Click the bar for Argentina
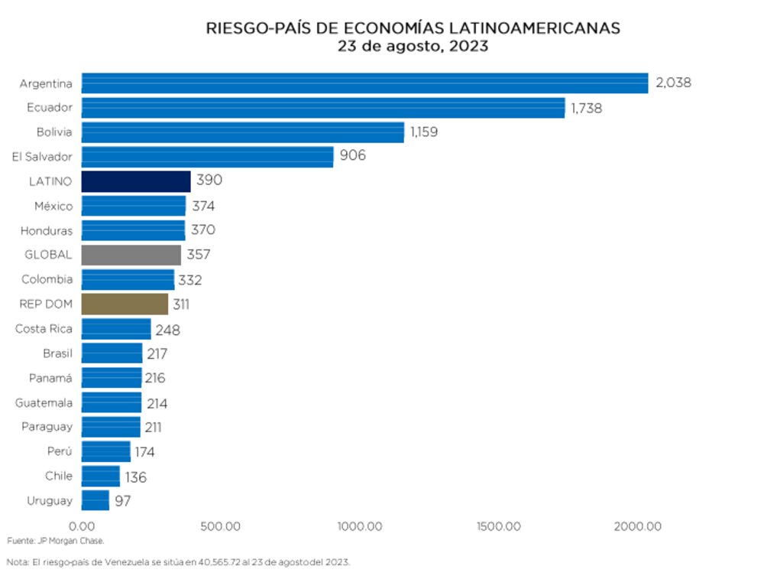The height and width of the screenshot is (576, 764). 364,83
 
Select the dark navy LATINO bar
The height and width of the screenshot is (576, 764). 136,181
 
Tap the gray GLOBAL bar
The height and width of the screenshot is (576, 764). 131,255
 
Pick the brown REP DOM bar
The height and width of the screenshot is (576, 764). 125,304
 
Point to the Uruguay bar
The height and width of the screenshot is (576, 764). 95,500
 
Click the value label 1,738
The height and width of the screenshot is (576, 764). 586,108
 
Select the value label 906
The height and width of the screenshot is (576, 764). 353,157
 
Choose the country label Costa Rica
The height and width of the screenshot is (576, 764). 44,328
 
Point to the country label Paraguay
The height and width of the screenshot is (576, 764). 47,427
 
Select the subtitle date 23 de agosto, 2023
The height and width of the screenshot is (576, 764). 413,47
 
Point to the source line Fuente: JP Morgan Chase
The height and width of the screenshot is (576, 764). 55,541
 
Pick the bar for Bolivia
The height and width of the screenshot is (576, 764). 242,132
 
